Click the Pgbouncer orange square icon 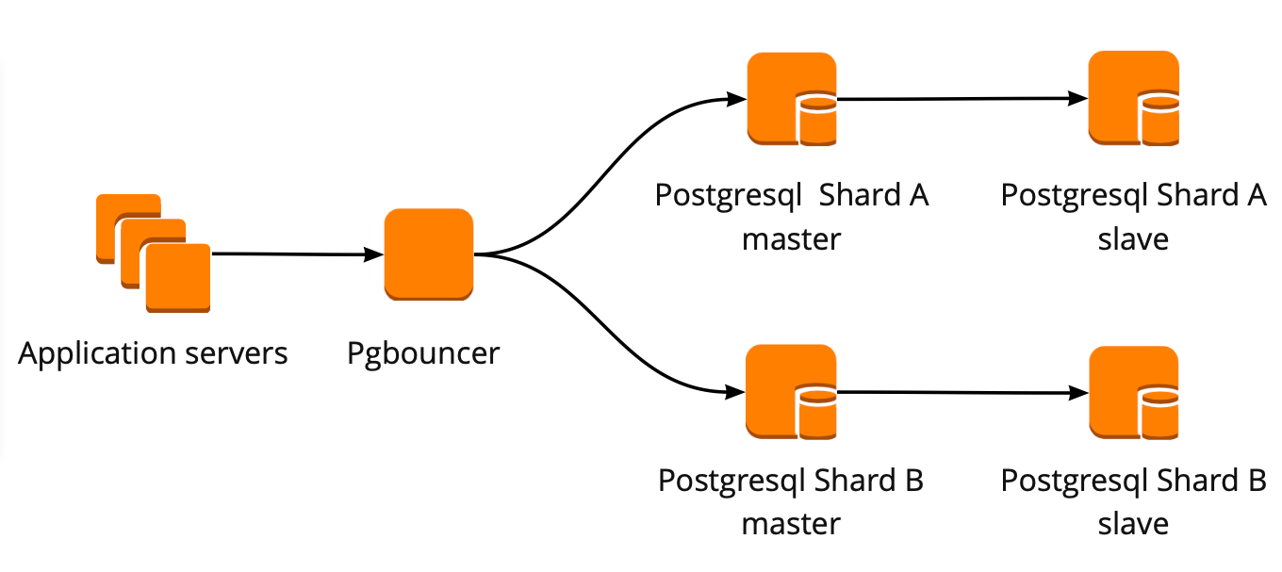428,253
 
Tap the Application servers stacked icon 155,253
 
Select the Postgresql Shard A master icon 791,98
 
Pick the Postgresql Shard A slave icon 1133,98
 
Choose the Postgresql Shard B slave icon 1133,392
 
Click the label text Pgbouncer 423,354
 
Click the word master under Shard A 791,238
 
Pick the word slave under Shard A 1133,238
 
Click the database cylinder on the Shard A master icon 816,119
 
